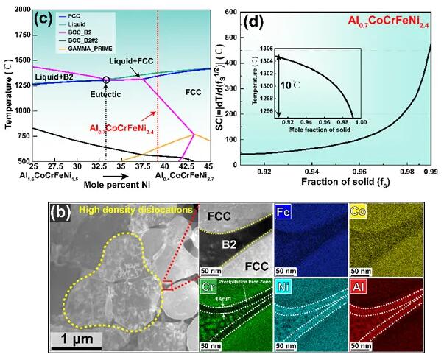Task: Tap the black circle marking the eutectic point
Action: click(x=106, y=79)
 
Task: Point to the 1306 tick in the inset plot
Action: click(x=267, y=48)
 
